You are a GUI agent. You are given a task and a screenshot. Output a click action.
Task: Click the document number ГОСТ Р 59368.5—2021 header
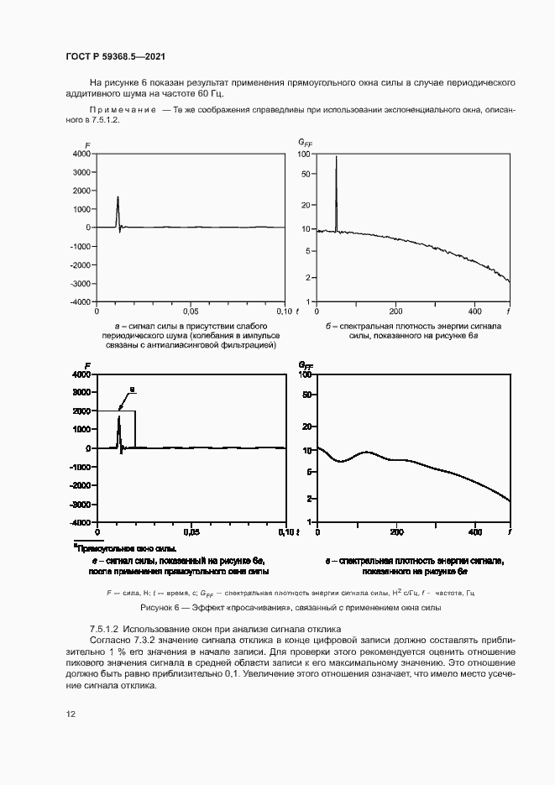114,56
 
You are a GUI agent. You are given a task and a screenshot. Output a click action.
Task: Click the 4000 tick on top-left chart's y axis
81,154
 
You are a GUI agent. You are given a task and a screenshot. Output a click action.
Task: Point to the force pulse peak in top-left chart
118,197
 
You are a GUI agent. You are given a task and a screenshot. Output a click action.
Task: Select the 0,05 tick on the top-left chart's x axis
191,311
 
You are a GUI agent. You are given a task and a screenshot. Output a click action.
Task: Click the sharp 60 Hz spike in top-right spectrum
336,157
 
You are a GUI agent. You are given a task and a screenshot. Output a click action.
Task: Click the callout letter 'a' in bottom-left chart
132,390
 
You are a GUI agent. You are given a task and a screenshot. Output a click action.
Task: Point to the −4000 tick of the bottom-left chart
79,524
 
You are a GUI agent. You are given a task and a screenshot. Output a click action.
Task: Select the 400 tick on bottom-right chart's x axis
474,532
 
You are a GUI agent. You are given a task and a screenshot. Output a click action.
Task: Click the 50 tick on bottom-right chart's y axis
306,393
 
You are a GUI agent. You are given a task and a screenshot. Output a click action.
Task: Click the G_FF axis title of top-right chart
305,144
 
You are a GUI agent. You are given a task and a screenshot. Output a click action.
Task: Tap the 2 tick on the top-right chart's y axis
309,277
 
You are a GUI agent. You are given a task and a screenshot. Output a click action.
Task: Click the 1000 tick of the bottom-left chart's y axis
81,430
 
